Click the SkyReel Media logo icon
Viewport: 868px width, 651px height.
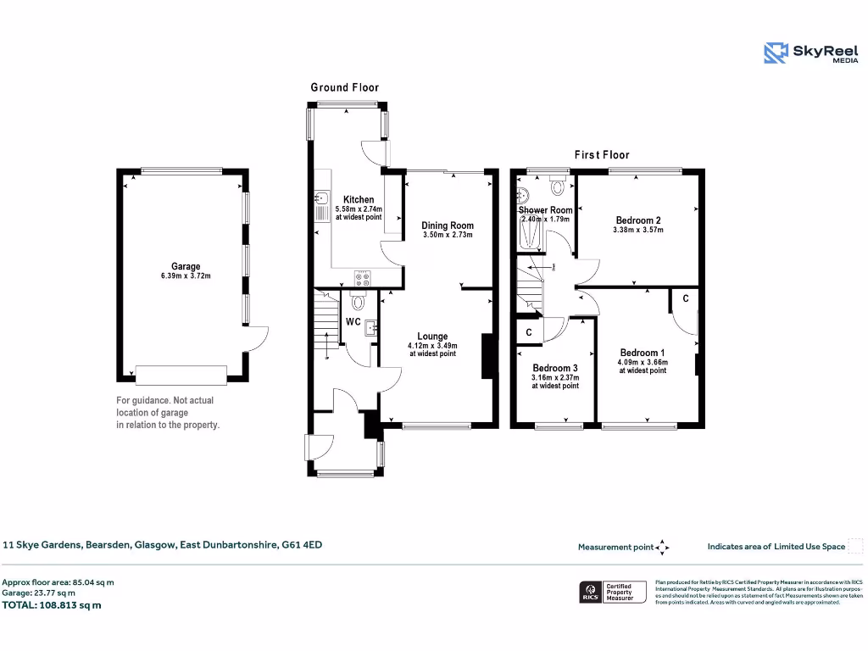click(x=776, y=53)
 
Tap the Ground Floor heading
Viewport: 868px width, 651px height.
click(x=344, y=87)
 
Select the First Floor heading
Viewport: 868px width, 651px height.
click(x=602, y=155)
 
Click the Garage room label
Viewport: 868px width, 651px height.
click(x=186, y=266)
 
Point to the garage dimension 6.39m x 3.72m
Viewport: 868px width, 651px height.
click(x=186, y=275)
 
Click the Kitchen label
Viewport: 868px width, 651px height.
click(x=359, y=199)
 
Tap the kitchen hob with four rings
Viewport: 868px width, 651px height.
click(x=363, y=277)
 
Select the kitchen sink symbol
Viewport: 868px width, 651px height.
click(x=322, y=200)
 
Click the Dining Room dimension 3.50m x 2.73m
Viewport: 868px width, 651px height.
click(x=448, y=235)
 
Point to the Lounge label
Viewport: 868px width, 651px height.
click(x=432, y=337)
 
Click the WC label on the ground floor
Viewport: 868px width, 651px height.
click(x=353, y=322)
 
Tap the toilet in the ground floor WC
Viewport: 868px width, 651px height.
click(x=357, y=300)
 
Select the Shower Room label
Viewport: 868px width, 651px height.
click(x=546, y=209)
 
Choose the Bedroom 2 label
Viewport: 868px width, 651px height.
click(x=638, y=220)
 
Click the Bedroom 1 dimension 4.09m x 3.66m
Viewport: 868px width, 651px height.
click(x=642, y=362)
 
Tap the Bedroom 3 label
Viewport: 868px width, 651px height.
click(x=555, y=368)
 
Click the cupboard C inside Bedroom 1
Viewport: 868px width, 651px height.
click(x=685, y=299)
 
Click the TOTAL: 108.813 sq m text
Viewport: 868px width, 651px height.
click(x=52, y=605)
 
